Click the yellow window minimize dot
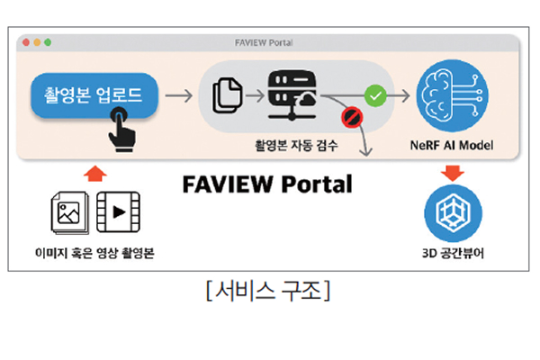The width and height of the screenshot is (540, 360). pyautogui.click(x=37, y=42)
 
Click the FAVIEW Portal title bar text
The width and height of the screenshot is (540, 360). pyautogui.click(x=269, y=42)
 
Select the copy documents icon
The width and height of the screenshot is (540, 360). pyautogui.click(x=226, y=93)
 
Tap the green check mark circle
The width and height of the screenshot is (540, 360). pyautogui.click(x=375, y=93)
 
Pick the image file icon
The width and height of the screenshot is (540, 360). pyautogui.click(x=68, y=213)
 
